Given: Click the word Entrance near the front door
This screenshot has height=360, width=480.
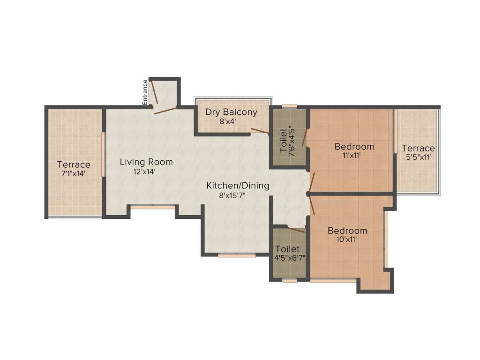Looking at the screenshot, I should [x=145, y=92].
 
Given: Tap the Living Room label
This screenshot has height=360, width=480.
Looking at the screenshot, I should [x=146, y=162].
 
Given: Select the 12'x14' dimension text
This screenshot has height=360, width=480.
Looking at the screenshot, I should [x=144, y=172].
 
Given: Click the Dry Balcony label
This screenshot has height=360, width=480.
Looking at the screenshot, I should [x=231, y=112].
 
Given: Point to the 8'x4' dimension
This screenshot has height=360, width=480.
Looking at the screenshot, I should [x=227, y=121].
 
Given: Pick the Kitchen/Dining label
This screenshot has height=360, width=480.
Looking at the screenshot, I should [x=238, y=186].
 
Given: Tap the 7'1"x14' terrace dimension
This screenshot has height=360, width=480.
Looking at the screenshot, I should [x=74, y=173].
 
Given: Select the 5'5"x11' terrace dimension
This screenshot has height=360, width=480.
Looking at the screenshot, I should [x=418, y=157].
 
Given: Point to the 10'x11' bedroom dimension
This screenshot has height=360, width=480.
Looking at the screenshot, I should [x=347, y=240].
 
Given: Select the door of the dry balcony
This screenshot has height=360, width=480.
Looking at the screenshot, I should [x=260, y=131].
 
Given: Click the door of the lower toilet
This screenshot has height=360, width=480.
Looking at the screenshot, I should [x=296, y=229].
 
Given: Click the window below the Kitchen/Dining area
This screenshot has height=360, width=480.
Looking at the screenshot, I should [x=237, y=255].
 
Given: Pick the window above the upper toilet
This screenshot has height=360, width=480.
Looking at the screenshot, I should [x=289, y=106].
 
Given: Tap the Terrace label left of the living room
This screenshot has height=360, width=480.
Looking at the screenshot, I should [x=74, y=165].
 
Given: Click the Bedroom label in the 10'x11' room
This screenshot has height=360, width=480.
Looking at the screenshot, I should [x=347, y=231].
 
